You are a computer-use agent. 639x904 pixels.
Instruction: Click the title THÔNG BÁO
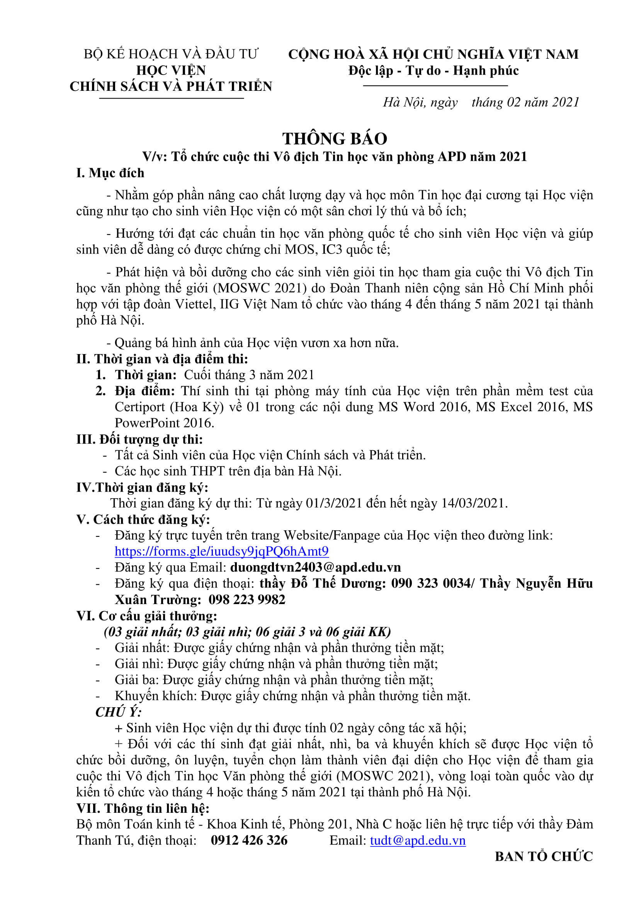[335, 139]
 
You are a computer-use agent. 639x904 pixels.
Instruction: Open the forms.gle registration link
[221, 551]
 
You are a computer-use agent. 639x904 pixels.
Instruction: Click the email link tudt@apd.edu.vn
[418, 840]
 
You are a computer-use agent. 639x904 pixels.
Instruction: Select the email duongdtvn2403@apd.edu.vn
[315, 567]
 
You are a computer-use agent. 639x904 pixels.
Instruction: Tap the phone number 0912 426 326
[249, 840]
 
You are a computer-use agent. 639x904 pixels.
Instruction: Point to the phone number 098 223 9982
[247, 600]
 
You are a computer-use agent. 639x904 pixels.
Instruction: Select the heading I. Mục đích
[110, 173]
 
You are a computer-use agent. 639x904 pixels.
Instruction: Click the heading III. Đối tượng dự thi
[140, 439]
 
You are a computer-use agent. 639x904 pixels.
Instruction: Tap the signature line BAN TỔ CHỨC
[544, 856]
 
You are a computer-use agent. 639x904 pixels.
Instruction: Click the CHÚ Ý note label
[119, 712]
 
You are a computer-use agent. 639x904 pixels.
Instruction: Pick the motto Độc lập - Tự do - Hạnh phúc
[433, 70]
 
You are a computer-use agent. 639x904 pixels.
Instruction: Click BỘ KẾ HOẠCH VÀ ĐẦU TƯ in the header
[171, 54]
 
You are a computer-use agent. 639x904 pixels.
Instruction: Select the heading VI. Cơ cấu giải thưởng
[146, 616]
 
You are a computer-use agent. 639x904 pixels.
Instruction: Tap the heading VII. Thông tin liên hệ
[143, 808]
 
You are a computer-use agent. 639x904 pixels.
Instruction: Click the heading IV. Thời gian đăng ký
[142, 487]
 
